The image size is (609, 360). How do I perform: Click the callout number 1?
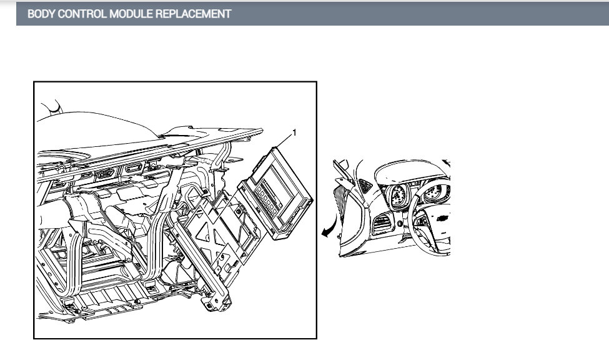tap(294, 133)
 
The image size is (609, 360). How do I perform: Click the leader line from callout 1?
tap(284, 141)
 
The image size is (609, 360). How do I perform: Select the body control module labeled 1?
tap(275, 193)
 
